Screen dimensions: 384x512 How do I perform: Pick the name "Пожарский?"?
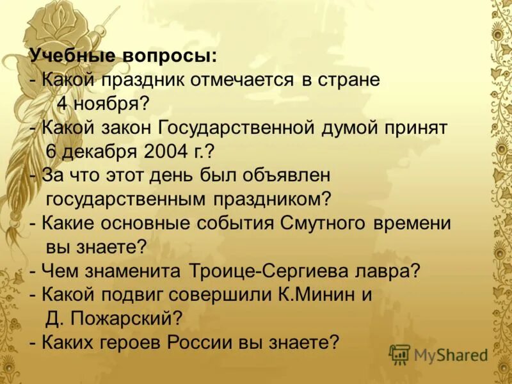(x=134, y=317)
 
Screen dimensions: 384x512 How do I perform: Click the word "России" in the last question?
(x=193, y=340)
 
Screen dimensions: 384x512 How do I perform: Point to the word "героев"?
(x=131, y=340)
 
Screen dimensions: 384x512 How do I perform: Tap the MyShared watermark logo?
(x=438, y=354)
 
